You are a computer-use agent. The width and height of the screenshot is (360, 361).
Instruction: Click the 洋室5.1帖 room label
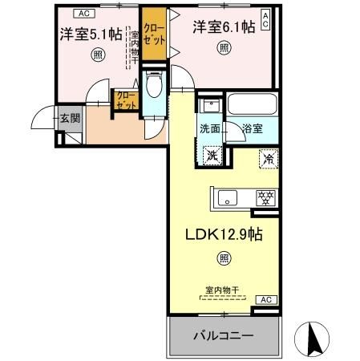(90, 34)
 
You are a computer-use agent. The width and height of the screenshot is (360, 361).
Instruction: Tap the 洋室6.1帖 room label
(224, 26)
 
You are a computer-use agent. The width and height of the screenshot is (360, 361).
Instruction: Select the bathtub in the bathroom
(252, 104)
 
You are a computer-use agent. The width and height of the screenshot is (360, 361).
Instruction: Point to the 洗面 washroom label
(209, 128)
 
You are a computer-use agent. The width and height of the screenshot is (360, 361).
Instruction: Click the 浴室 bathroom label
(251, 128)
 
